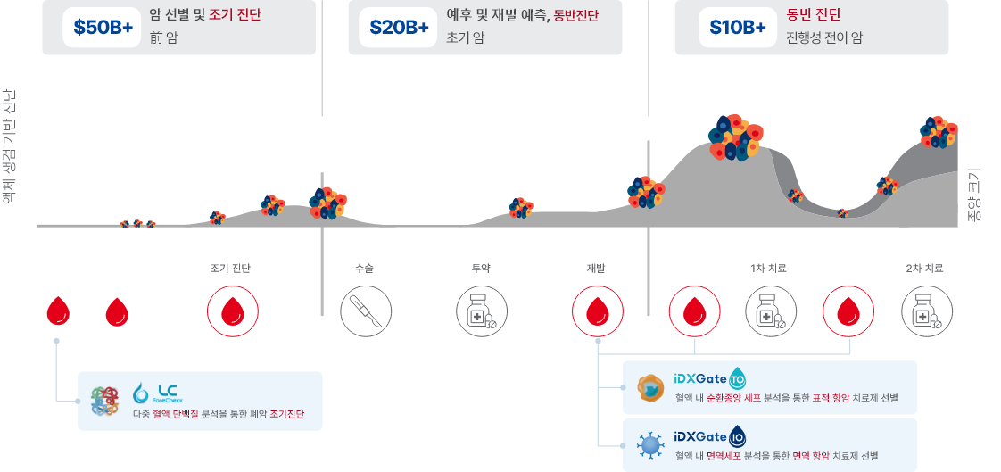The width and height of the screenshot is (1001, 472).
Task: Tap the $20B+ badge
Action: click(x=399, y=28)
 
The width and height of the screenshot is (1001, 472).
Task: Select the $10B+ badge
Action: click(x=737, y=28)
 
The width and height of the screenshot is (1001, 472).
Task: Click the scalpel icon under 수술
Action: click(x=366, y=311)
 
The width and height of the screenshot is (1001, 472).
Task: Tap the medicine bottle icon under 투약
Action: click(x=482, y=311)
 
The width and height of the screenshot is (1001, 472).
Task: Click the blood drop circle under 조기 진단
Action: click(x=233, y=311)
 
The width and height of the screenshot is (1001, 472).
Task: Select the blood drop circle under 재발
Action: click(x=598, y=311)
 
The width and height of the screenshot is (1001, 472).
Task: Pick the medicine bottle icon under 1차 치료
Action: click(x=771, y=311)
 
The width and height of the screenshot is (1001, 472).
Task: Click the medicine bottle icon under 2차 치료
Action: click(x=927, y=311)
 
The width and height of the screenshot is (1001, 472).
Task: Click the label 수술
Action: click(x=364, y=268)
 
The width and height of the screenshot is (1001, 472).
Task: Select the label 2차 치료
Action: click(x=924, y=268)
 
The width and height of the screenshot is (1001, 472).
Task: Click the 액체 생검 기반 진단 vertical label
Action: click(x=8, y=147)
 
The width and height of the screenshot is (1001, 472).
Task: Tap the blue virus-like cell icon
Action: click(x=651, y=444)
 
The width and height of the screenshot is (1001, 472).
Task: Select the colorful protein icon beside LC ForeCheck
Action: click(x=104, y=401)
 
